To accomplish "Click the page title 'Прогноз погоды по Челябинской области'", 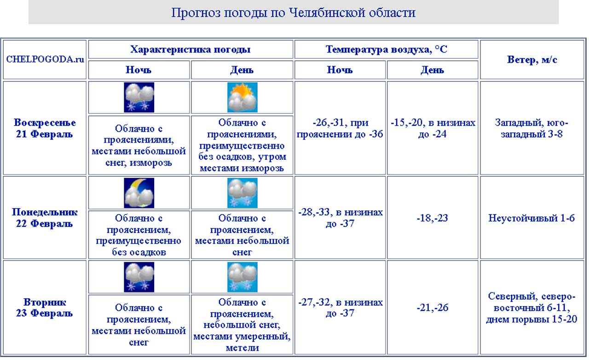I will [293, 12].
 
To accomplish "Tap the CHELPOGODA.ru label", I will [45, 59].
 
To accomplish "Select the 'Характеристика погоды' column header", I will [191, 50].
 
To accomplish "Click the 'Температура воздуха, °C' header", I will [386, 50].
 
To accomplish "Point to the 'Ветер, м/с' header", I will [532, 59].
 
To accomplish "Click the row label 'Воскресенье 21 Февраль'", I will [45, 128].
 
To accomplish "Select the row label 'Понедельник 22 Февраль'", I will [45, 218].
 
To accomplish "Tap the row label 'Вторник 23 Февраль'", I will [45, 308].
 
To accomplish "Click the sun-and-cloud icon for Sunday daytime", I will [242, 98].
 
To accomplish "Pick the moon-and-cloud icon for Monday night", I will [139, 193].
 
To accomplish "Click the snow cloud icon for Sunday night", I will [139, 98].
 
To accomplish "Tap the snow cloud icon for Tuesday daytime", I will [242, 277].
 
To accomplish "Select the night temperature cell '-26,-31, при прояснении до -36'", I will [340, 128].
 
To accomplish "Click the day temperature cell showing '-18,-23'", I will [433, 218].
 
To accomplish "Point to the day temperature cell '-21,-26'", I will [433, 308].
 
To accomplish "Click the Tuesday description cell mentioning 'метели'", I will [242, 325].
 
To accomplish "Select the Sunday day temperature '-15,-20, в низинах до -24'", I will [433, 128].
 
